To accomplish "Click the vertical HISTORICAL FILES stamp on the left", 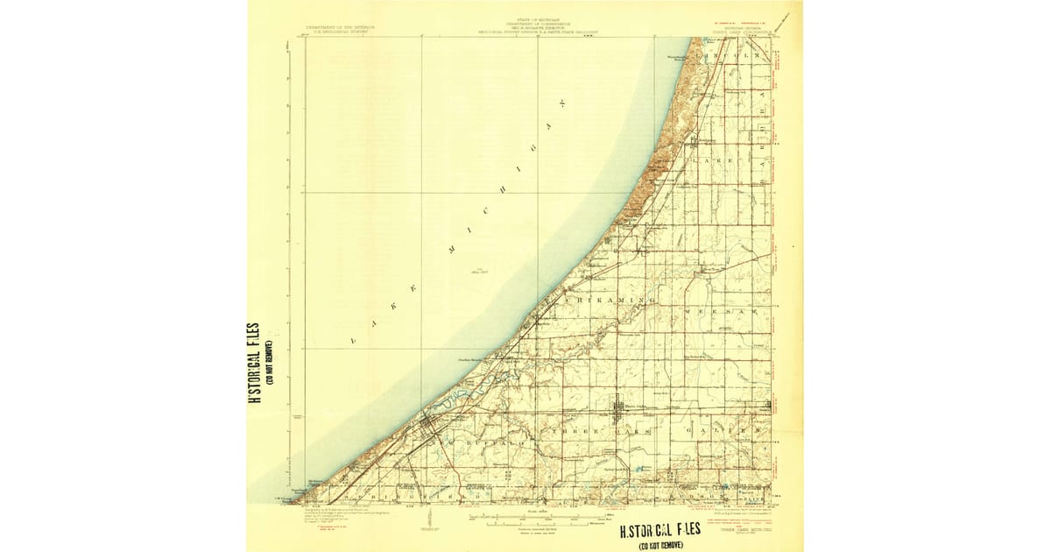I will point(254,363).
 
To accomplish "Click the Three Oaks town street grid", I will point(617,407).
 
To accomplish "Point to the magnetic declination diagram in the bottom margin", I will point(429,520).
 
